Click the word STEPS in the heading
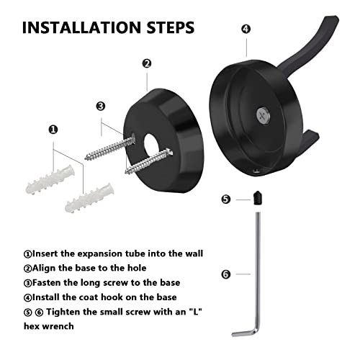(x=171, y=27)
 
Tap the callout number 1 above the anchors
(x=53, y=130)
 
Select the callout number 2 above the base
(x=147, y=63)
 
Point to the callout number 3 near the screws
(x=101, y=106)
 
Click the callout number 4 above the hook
(x=246, y=29)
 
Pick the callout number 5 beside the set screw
(x=225, y=199)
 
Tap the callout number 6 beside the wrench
(x=225, y=274)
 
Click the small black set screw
(x=258, y=198)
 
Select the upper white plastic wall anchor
(x=50, y=179)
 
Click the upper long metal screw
(x=109, y=148)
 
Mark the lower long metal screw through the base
(x=149, y=161)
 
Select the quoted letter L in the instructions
(x=195, y=312)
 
